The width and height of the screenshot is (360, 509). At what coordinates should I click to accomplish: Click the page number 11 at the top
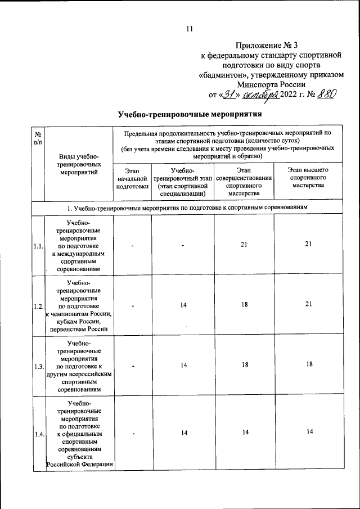pyautogui.click(x=189, y=30)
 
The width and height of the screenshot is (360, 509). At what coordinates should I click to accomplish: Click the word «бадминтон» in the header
pyautogui.click(x=227, y=74)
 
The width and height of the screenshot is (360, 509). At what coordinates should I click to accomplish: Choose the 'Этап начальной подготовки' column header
pyautogui.click(x=132, y=178)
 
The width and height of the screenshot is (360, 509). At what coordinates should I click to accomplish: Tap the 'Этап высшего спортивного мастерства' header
pyautogui.click(x=308, y=177)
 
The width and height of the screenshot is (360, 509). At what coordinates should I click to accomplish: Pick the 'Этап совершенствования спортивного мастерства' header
pyautogui.click(x=244, y=181)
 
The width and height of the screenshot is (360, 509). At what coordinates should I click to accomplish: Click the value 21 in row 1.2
pyautogui.click(x=308, y=304)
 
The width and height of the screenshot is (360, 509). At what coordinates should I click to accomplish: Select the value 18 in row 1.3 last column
pyautogui.click(x=308, y=364)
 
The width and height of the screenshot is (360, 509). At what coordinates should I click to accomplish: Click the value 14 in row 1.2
pyautogui.click(x=184, y=304)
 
